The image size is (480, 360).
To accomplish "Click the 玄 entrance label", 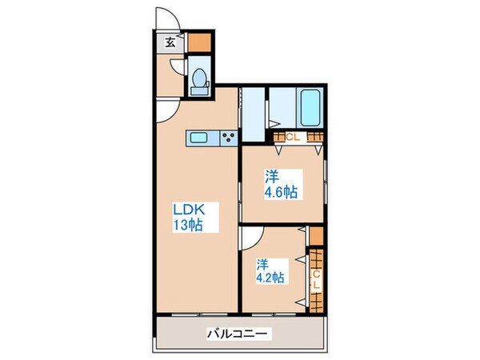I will click(171, 43).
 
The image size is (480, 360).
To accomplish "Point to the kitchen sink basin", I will click(199, 138).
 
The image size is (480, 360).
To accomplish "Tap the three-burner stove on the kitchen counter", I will click(227, 138).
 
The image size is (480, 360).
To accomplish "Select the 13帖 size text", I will click(189, 226).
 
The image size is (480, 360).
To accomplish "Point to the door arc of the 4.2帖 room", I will click(250, 238).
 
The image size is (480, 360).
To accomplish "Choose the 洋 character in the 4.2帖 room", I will click(262, 264).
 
